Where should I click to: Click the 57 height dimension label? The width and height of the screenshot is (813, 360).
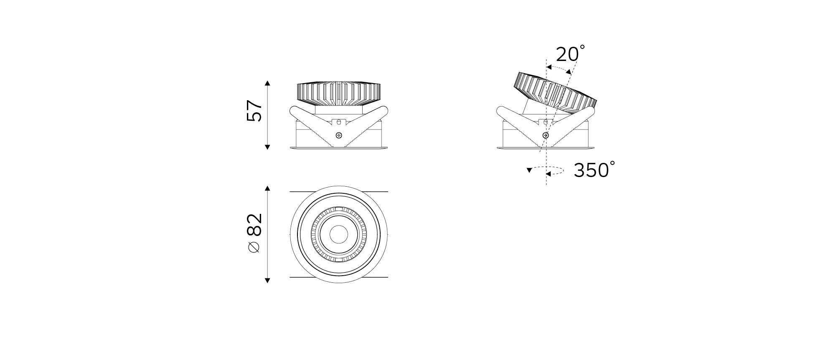[x=254, y=110]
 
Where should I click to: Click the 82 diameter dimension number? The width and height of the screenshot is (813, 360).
[x=254, y=225]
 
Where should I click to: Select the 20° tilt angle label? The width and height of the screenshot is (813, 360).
[x=570, y=53]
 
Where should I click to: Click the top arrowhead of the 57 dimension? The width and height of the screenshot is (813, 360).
[x=268, y=83]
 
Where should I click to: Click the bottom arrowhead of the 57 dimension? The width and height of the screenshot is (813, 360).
[x=268, y=147]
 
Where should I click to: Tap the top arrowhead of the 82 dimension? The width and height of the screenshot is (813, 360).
[x=268, y=188]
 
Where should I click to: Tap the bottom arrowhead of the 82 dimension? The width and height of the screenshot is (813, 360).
[x=268, y=280]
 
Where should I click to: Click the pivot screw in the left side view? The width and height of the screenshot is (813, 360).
[x=339, y=135]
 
